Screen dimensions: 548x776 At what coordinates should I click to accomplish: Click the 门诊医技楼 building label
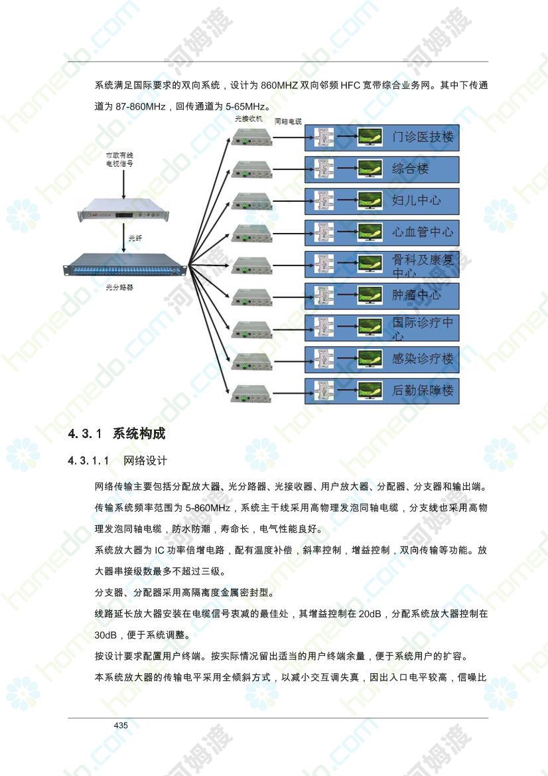(x=423, y=137)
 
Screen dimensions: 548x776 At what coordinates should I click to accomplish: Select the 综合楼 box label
(x=411, y=169)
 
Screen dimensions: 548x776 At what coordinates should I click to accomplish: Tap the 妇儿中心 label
(x=417, y=200)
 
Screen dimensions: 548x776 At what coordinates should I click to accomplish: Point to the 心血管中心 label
(x=423, y=232)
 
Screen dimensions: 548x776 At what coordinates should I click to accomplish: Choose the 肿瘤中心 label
(x=417, y=295)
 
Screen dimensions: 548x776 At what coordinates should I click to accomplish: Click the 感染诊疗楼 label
(x=423, y=359)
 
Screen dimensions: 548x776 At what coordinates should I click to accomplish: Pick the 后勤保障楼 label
(x=423, y=390)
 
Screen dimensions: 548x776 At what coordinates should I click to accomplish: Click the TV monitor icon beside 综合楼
(x=370, y=169)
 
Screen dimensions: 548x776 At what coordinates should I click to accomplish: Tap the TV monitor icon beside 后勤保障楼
(x=370, y=391)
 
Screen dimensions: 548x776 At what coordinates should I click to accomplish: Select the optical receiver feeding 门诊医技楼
(x=252, y=137)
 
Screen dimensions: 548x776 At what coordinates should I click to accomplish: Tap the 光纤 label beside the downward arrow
(x=135, y=238)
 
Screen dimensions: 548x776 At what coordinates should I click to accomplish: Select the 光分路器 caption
(x=119, y=287)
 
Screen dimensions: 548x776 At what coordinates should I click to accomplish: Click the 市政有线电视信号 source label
(x=119, y=159)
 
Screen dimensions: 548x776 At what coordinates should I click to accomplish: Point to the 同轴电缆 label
(x=288, y=121)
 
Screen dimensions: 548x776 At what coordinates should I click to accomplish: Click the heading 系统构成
(x=139, y=433)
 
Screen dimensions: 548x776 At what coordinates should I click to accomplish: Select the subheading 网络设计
(x=145, y=461)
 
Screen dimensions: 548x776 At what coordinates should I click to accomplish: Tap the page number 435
(x=121, y=725)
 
